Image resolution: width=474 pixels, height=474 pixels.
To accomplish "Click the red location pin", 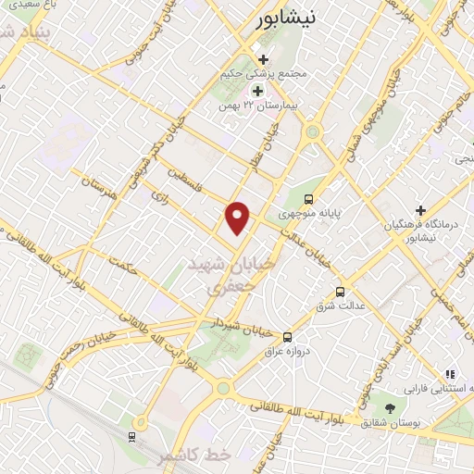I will pyautogui.click(x=238, y=218).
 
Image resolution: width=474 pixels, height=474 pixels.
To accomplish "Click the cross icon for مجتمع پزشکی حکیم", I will pyautogui.click(x=264, y=59).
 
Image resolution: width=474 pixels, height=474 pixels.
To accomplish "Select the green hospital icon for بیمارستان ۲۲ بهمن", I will pyautogui.click(x=257, y=91).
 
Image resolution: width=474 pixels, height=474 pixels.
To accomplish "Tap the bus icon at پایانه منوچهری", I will pyautogui.click(x=308, y=197).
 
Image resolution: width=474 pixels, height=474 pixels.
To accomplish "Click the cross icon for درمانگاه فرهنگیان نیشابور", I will pyautogui.click(x=420, y=211).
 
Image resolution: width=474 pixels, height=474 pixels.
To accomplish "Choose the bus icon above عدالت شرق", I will pyautogui.click(x=340, y=289).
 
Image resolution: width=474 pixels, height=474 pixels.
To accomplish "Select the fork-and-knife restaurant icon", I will pyautogui.click(x=449, y=375).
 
